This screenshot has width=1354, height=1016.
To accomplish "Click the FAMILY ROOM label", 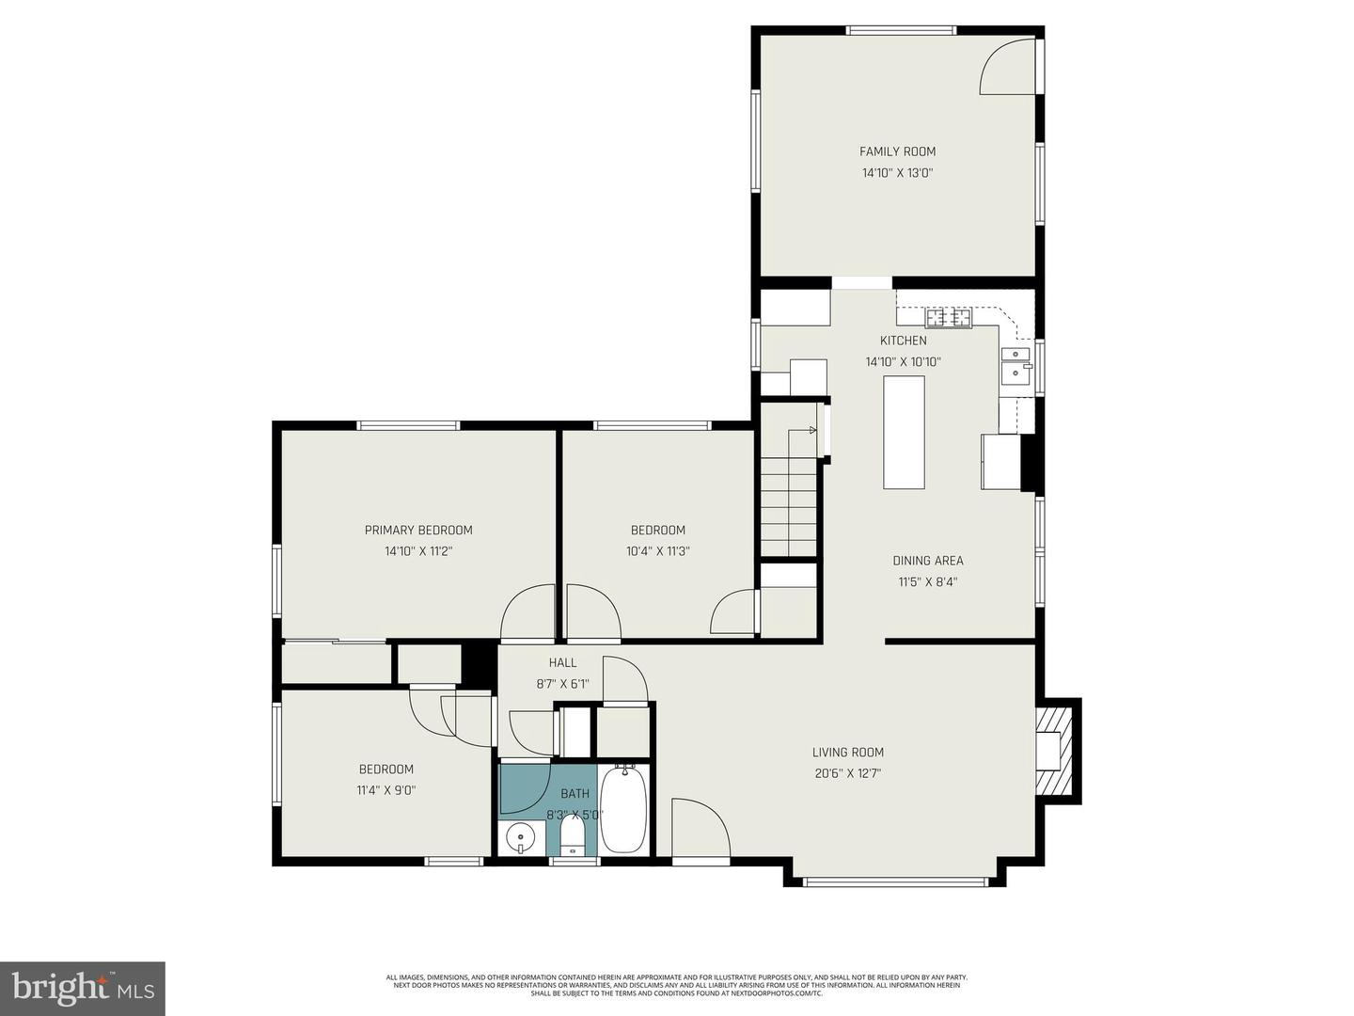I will [897, 151].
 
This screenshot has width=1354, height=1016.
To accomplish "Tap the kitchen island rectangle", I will [904, 432].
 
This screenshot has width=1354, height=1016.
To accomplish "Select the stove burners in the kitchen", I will [948, 318].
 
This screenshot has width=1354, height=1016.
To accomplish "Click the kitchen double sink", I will [1015, 365].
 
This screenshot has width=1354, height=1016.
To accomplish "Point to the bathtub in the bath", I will [623, 809].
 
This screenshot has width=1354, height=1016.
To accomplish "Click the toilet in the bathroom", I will [574, 836].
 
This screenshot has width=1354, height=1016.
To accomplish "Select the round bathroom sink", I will [520, 836].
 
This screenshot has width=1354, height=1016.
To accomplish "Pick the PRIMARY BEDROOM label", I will [418, 531].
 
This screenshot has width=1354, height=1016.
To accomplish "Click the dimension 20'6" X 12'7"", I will [848, 773].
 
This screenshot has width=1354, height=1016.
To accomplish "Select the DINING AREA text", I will [927, 561].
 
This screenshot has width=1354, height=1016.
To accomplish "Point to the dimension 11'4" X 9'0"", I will [386, 790].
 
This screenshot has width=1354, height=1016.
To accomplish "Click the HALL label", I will [562, 663].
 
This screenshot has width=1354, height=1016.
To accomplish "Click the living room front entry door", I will [701, 828].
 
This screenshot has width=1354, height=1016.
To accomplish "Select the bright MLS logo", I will [83, 988].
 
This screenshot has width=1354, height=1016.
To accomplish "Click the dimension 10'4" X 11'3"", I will [657, 551].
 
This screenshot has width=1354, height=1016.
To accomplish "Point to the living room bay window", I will [895, 881].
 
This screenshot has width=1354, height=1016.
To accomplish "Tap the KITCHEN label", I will [903, 341].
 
